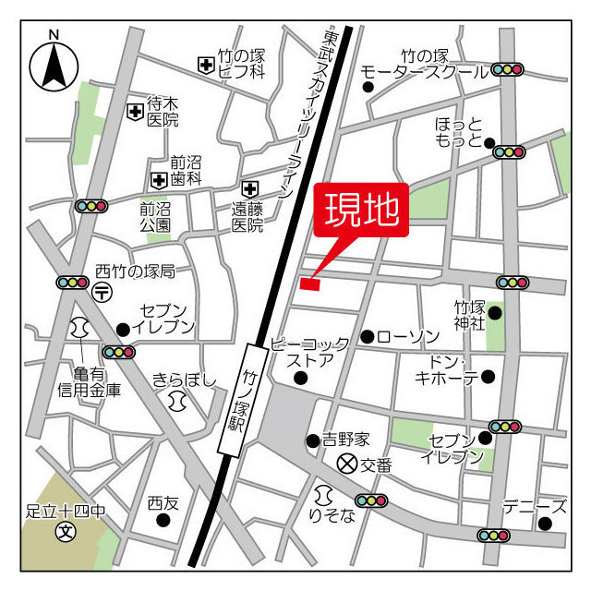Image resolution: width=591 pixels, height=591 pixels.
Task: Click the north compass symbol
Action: coord(54,64)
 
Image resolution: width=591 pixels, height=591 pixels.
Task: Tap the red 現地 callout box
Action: coord(360,211)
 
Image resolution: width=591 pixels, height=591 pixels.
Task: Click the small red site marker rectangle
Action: coord(309,283)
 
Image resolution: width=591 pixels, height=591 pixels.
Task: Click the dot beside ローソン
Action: coord(368,336)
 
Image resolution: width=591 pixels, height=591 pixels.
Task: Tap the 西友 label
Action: coord(163,503)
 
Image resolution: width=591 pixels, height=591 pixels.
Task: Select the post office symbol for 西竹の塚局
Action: coord(103,292)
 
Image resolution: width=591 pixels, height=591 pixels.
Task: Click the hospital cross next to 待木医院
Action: coord(136,111)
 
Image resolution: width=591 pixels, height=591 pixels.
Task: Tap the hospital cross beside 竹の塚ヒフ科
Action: coord(205,65)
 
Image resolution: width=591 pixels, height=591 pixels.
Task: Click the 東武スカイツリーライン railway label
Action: coord(308,111)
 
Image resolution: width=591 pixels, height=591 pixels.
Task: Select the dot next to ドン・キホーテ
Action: coord(488,376)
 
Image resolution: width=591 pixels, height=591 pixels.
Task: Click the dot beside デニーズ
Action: coord(545,524)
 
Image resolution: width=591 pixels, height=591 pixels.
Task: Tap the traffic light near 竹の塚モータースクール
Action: coord(508,69)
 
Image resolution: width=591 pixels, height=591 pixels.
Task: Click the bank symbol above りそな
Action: coord(323,495)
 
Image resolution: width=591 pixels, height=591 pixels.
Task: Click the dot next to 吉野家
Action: coord(313,440)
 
